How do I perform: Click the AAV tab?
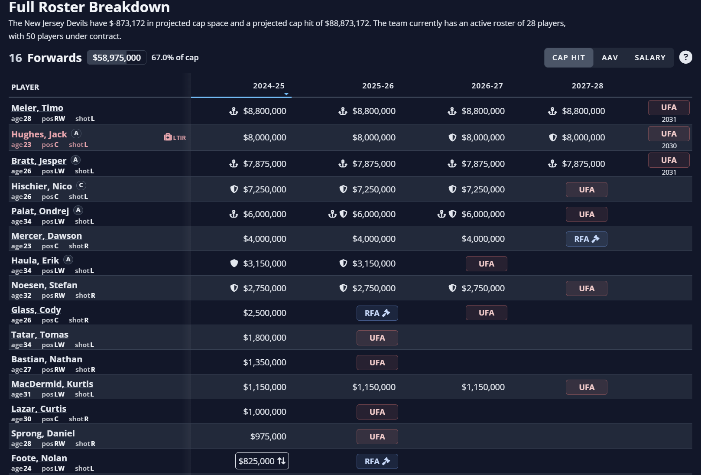(x=610, y=58)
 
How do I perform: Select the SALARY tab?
(x=649, y=58)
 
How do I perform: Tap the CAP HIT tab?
(x=568, y=58)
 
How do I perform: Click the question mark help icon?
(x=685, y=57)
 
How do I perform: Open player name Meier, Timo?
(x=37, y=108)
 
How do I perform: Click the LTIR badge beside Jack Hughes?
(x=175, y=137)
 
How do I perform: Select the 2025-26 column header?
(x=378, y=86)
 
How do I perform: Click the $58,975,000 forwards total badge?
(x=117, y=58)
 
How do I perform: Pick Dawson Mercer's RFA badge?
(x=586, y=239)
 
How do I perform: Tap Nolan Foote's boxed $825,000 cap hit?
(x=262, y=461)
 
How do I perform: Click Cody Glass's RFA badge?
(x=377, y=313)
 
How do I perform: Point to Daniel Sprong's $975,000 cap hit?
(x=268, y=436)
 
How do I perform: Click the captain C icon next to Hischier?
(x=81, y=185)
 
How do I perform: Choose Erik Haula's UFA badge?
(x=486, y=264)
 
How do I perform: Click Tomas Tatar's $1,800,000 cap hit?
(x=264, y=338)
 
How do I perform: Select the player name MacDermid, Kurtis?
(x=52, y=384)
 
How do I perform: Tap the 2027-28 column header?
(x=587, y=86)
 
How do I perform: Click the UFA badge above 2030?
(x=669, y=134)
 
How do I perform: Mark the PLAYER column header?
(x=25, y=87)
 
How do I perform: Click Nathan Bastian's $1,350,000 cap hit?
(x=264, y=362)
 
